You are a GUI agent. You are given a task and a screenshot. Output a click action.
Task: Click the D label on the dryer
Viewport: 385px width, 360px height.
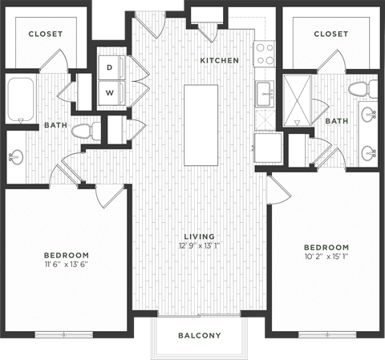[109, 68]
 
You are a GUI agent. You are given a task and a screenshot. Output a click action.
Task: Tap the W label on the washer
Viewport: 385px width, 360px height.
[109, 91]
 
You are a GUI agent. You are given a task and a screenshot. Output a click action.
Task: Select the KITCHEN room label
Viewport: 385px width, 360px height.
[218, 61]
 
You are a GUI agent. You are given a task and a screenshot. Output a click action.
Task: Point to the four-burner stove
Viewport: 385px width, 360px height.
[265, 54]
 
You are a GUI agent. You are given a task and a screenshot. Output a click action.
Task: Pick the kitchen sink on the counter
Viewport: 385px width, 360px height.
[264, 94]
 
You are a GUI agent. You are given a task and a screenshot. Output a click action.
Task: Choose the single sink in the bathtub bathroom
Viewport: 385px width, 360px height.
[15, 156]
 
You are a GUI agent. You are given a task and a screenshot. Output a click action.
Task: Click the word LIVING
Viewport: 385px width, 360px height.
[199, 236]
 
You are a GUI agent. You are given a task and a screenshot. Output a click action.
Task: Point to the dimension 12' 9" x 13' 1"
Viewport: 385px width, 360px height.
[199, 246]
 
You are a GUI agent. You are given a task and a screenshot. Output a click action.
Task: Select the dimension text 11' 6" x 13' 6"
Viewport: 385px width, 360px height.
[66, 266]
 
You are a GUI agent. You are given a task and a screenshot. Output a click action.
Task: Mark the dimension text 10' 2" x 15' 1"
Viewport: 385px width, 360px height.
[326, 257]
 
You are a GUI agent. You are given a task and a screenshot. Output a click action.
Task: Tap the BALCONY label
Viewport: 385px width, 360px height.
[199, 335]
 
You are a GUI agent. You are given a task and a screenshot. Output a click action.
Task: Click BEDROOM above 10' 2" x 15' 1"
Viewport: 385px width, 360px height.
[326, 246]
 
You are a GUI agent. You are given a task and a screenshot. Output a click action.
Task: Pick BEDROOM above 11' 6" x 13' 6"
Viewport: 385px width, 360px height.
[66, 255]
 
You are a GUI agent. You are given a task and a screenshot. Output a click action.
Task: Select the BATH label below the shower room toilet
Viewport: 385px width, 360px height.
[336, 121]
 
